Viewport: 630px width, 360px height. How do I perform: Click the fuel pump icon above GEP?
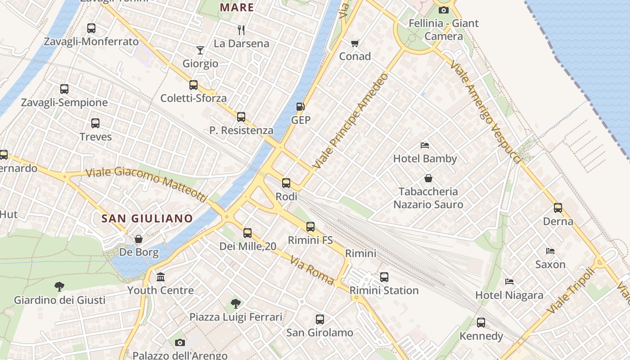(x=300, y=107)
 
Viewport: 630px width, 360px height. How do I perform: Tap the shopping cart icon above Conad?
(x=355, y=43)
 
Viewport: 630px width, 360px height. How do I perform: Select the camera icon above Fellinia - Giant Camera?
(x=444, y=10)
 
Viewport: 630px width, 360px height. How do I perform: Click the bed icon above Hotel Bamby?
(x=425, y=145)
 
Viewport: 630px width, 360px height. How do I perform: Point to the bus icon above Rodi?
(x=286, y=183)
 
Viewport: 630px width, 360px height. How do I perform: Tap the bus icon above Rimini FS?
(x=310, y=226)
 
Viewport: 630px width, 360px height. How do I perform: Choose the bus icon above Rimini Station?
(x=384, y=277)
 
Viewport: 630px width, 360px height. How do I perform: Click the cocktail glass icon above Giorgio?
(x=200, y=49)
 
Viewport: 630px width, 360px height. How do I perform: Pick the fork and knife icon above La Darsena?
(x=241, y=30)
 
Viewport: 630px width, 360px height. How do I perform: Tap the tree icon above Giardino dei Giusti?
(x=59, y=286)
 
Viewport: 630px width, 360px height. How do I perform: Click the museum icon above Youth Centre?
(x=160, y=277)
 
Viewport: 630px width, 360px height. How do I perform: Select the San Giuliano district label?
(x=147, y=219)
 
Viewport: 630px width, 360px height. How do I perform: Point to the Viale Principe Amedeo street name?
(x=351, y=121)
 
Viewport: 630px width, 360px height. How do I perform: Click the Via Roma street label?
(x=312, y=270)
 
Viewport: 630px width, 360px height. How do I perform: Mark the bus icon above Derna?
(x=558, y=207)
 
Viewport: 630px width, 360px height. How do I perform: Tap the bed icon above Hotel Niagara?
(x=509, y=282)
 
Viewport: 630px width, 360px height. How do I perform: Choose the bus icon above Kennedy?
(x=481, y=322)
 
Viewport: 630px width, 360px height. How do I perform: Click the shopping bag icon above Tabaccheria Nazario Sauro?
(x=428, y=178)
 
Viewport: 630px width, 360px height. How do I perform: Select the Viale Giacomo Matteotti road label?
(x=146, y=183)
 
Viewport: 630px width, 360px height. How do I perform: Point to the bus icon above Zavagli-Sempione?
(x=64, y=89)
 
